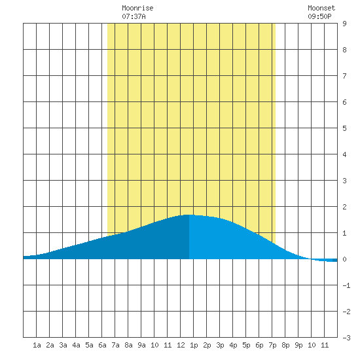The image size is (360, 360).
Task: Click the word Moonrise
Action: point(137,8)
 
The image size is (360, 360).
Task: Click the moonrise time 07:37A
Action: point(134,16)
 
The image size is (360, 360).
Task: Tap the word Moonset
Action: point(321,8)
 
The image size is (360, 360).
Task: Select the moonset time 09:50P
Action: point(319,16)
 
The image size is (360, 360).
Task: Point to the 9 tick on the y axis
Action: point(344,24)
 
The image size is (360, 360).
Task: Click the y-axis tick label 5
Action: point(344,128)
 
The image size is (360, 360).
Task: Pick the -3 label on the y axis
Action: point(346,338)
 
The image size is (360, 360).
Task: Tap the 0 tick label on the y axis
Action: point(344,259)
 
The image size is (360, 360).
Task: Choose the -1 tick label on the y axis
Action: point(346,285)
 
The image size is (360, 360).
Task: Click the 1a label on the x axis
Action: point(37,345)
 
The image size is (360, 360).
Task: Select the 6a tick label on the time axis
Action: point(102,345)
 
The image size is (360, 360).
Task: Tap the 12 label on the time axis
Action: point(181,345)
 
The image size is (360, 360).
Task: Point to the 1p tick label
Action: point(194,345)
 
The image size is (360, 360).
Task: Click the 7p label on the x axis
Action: point(272,345)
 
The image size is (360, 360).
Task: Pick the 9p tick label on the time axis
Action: point(298,345)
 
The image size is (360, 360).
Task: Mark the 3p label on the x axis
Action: point(220,345)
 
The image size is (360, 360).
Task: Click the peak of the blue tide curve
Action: point(189,215)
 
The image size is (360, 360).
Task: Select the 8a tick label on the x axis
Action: point(128,345)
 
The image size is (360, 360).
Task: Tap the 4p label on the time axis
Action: point(233,345)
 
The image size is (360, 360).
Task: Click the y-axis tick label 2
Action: point(344,207)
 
